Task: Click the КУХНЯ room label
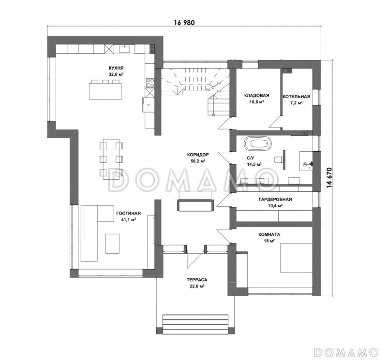[x=116, y=68]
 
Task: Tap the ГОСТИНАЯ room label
[x=128, y=213]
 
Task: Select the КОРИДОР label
[x=198, y=155]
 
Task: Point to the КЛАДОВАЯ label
[x=257, y=95]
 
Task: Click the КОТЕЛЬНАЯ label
[x=297, y=97]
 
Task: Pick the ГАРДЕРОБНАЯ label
[x=275, y=199]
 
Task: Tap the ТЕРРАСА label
[x=197, y=280]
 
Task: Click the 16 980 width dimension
[x=184, y=23]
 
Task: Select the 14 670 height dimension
[x=329, y=178]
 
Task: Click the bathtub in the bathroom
[x=258, y=143]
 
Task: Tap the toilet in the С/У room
[x=279, y=159]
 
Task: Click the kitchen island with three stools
[x=105, y=89]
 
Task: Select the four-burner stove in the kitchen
[x=150, y=83]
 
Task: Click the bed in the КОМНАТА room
[x=297, y=258]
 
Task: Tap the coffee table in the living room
[x=113, y=244]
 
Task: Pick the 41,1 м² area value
[x=128, y=220]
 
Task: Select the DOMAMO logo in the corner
[x=346, y=352]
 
